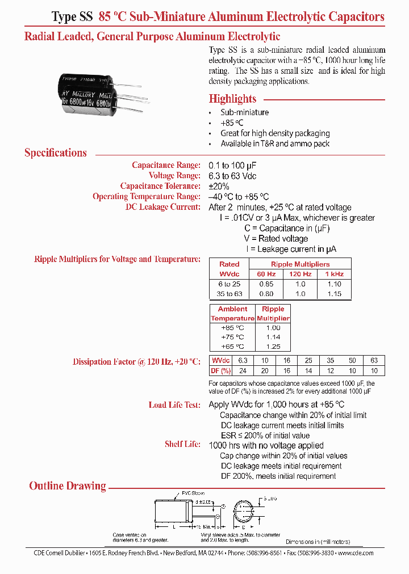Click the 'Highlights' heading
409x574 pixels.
click(x=232, y=99)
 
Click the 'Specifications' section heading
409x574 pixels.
click(x=56, y=153)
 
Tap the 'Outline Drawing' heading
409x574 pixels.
click(x=68, y=486)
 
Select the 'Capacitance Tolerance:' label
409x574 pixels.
click(x=160, y=186)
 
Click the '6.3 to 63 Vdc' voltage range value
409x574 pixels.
click(x=236, y=176)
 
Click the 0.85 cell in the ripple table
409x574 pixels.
click(x=266, y=284)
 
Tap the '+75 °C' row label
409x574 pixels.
click(x=232, y=337)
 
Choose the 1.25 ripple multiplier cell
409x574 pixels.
click(x=273, y=347)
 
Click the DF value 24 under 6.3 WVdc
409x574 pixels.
click(x=243, y=370)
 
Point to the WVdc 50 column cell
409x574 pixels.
click(x=352, y=360)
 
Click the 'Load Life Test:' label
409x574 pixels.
click(x=174, y=405)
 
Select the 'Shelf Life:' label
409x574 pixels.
click(x=182, y=444)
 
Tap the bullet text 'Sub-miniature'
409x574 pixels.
click(x=245, y=112)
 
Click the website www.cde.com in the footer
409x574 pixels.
click(x=356, y=553)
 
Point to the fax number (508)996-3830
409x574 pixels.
click(x=312, y=553)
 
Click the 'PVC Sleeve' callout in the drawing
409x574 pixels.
click(x=194, y=493)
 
